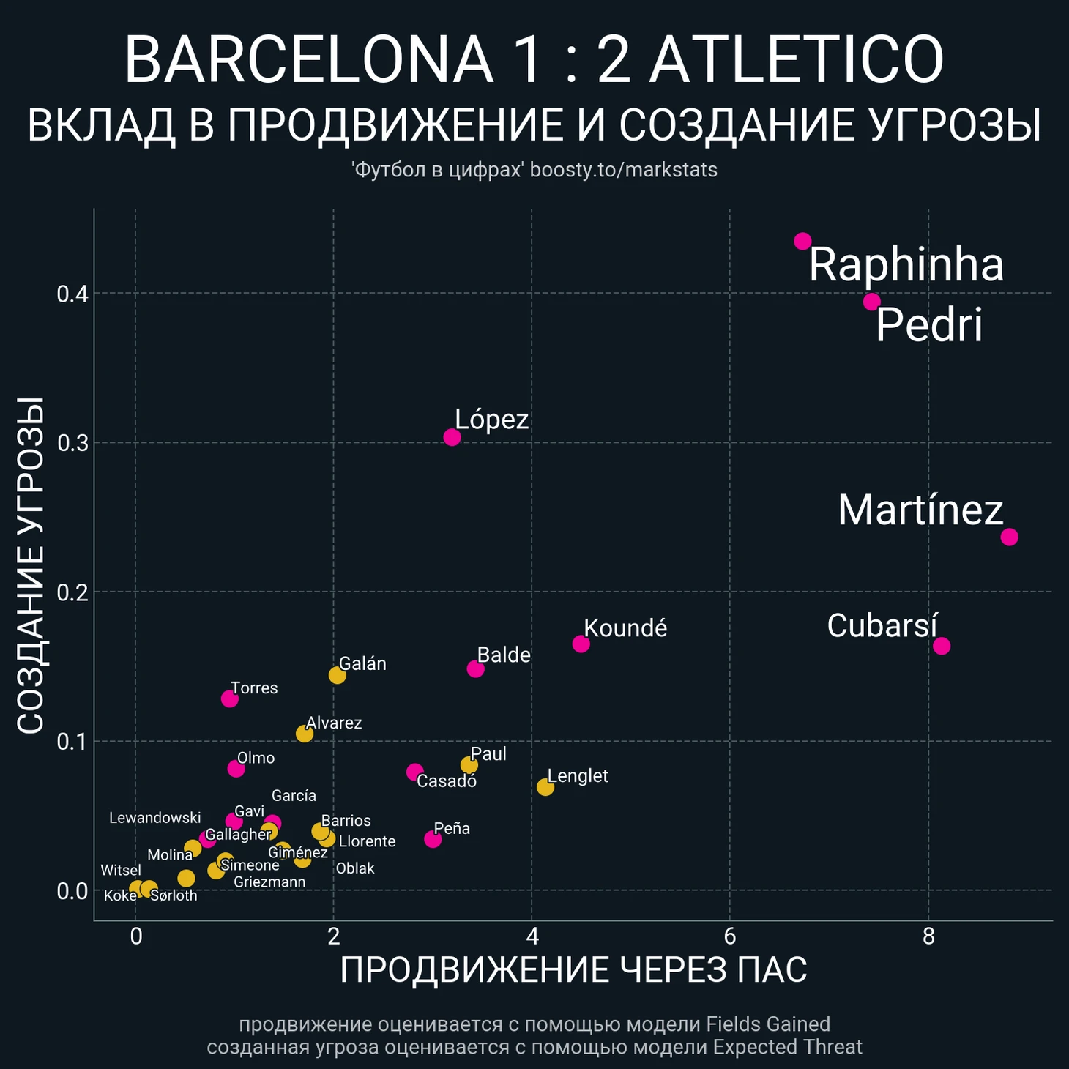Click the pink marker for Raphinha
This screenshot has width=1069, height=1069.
802,241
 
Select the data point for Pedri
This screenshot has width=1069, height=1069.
871,302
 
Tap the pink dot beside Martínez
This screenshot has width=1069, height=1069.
1009,537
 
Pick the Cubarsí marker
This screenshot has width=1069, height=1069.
942,646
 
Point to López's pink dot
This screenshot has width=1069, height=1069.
452,437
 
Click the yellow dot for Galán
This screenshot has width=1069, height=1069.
337,675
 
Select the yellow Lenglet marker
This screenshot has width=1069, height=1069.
545,787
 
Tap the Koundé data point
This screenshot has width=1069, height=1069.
581,644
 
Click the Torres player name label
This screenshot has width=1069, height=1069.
254,688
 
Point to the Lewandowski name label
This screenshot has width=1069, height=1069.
154,818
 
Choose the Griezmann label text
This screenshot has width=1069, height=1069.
269,882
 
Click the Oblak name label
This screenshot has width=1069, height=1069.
355,868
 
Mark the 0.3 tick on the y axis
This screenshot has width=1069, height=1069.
72,443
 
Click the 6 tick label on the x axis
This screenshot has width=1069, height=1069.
729,936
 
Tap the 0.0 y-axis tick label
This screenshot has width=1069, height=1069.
72,891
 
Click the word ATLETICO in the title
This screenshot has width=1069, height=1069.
797,60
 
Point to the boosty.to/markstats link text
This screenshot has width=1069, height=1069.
623,170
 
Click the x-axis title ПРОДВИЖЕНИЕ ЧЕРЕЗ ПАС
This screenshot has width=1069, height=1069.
573,970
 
